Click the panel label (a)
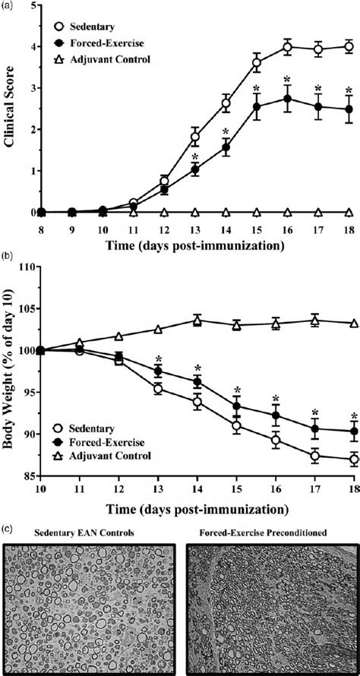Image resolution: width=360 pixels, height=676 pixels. pos(7,5)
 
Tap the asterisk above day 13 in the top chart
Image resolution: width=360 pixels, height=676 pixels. pos(195,157)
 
